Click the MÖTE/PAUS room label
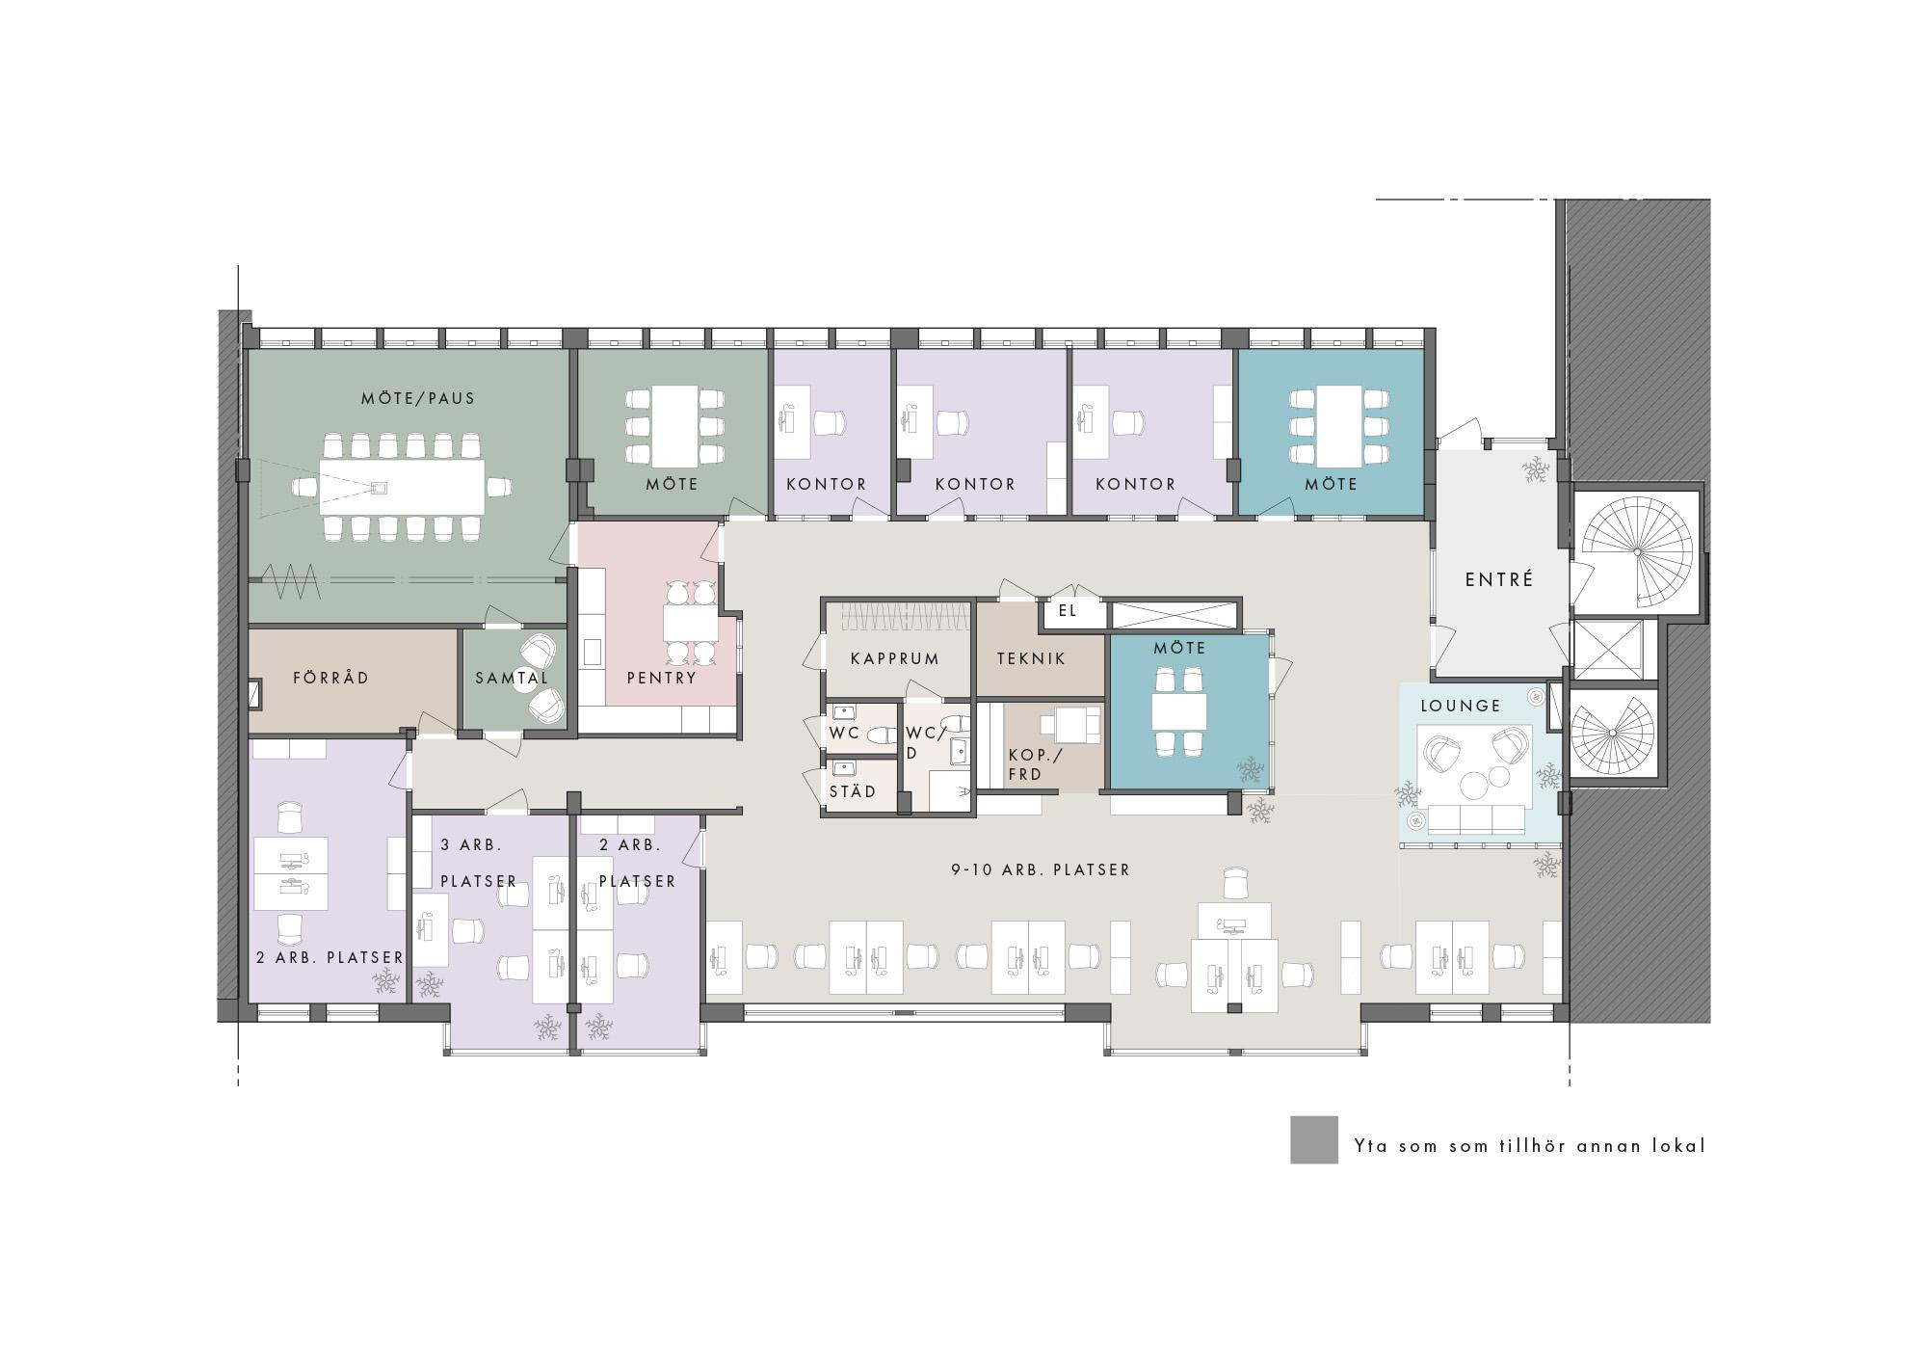(x=418, y=398)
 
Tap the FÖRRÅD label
(x=330, y=678)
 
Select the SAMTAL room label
(x=512, y=679)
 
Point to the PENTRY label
(x=661, y=678)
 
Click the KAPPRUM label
(x=894, y=659)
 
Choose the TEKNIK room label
(x=1031, y=659)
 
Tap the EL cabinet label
(x=1067, y=610)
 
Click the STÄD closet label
(x=853, y=791)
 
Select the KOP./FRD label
(x=1034, y=764)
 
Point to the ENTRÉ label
(x=1499, y=579)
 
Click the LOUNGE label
(x=1461, y=706)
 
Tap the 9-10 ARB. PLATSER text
(x=1041, y=869)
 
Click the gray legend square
(x=1314, y=1140)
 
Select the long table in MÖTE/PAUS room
(x=403, y=487)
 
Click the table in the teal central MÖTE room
(x=1179, y=711)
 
